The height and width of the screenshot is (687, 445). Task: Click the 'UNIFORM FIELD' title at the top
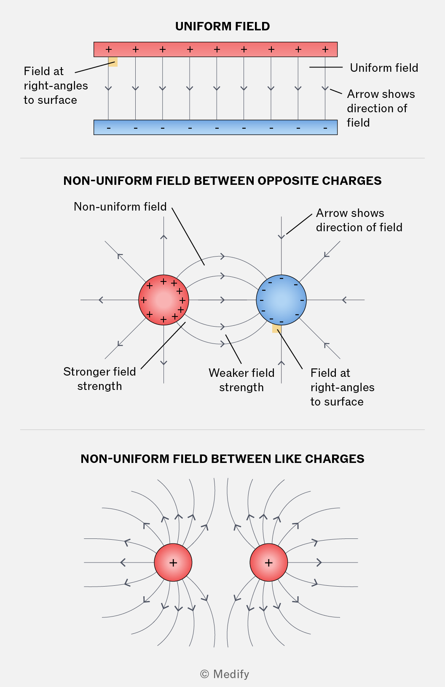pos(222,27)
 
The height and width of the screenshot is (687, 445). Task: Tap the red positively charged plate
pos(215,49)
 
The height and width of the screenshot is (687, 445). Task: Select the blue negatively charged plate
pos(215,127)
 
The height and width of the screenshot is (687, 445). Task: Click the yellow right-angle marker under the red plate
pos(113,62)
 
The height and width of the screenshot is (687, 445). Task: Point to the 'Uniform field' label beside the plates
pos(384,68)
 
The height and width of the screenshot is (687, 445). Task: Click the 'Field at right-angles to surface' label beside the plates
pos(56,86)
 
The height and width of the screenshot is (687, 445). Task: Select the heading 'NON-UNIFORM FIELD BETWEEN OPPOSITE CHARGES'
pos(222,181)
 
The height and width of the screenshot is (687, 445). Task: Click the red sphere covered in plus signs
pos(164,300)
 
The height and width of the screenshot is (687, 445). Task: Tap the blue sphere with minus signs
pos(281,300)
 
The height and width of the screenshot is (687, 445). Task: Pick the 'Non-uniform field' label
pos(120,207)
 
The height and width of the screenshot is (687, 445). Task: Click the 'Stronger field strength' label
pos(99,379)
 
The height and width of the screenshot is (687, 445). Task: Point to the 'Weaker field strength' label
pos(241,380)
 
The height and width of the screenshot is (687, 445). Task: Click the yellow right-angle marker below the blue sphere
pos(277,328)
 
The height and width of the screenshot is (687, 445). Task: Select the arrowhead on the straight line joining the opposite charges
pos(222,300)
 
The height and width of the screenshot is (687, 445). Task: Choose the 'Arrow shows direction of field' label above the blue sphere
pos(359,220)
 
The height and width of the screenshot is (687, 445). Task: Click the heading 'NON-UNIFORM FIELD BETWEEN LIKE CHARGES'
pos(222,459)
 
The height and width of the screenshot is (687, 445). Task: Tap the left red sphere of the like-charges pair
pos(173,563)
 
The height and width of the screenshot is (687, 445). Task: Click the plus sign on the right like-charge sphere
pos(268,563)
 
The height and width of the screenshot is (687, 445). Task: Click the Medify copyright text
pos(225,674)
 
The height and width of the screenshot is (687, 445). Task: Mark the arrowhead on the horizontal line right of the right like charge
pos(319,563)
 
